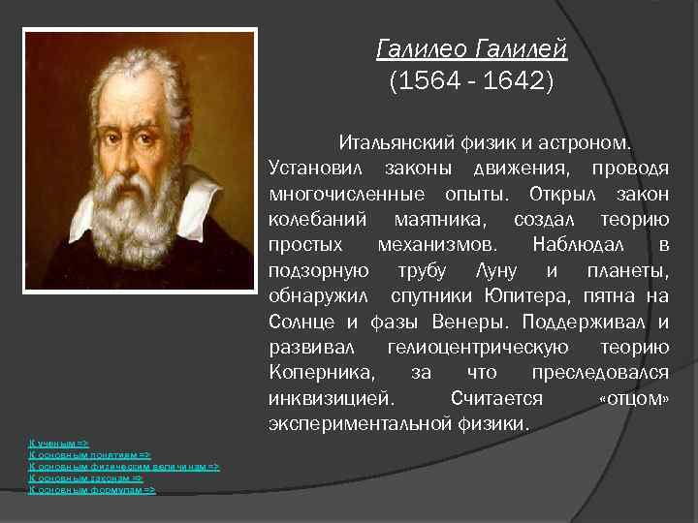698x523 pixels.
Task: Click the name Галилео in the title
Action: tap(416, 47)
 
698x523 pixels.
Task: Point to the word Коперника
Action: tap(313, 373)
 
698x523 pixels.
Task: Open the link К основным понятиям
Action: tap(90, 454)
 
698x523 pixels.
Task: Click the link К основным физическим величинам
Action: tap(125, 467)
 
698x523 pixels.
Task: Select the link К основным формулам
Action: tap(92, 490)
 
